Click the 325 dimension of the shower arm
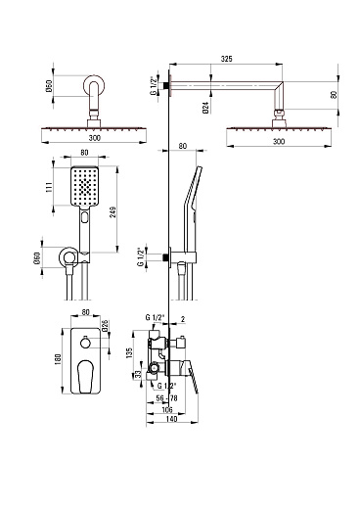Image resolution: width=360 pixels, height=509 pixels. click(226, 59)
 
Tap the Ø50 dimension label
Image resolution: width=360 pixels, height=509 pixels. click(49, 86)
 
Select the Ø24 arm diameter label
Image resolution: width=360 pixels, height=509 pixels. click(205, 108)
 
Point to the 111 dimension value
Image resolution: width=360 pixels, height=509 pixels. click(49, 187)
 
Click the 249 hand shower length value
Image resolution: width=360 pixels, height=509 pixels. click(112, 212)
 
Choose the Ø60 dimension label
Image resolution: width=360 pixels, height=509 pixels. click(37, 258)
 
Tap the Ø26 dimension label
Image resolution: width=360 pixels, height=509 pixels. click(105, 326)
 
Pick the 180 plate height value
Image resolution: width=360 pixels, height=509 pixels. click(58, 359)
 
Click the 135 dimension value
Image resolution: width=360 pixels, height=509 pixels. click(129, 352)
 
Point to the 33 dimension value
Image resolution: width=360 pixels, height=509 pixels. click(138, 375)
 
